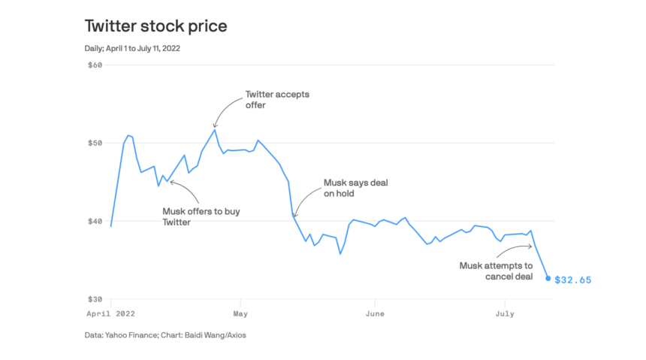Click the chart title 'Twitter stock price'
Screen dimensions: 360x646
pyautogui.click(x=155, y=27)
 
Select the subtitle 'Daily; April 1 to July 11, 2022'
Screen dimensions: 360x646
pyautogui.click(x=132, y=49)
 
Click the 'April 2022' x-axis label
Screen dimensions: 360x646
pyautogui.click(x=111, y=314)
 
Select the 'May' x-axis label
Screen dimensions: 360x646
pyautogui.click(x=240, y=314)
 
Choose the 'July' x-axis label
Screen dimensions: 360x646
pyautogui.click(x=504, y=314)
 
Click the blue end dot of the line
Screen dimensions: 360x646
pyautogui.click(x=548, y=278)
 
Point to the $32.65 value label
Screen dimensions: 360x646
pyautogui.click(x=573, y=280)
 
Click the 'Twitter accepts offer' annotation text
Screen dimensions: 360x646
pyautogui.click(x=277, y=100)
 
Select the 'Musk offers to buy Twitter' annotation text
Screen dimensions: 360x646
pyautogui.click(x=201, y=216)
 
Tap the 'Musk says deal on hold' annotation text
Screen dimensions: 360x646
pyautogui.click(x=355, y=188)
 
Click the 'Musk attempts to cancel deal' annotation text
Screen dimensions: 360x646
pyautogui.click(x=496, y=271)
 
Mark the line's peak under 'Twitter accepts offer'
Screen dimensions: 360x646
pyautogui.click(x=215, y=129)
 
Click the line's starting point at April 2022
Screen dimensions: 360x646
pyautogui.click(x=111, y=226)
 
